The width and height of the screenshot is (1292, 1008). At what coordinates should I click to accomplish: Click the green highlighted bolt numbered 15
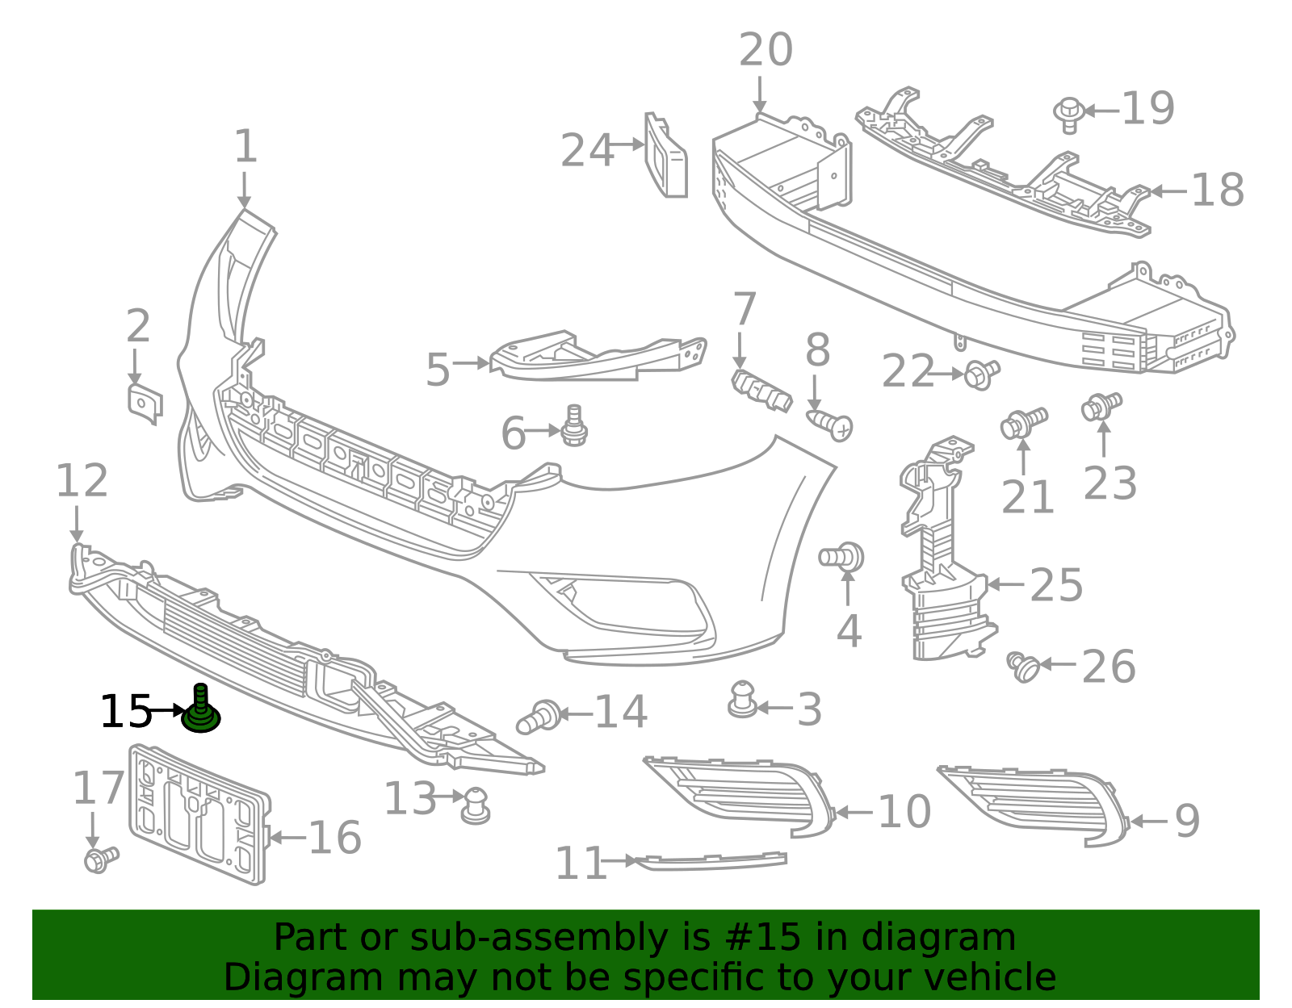(x=200, y=711)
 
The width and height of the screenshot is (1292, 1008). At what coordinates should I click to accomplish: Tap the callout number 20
(x=766, y=51)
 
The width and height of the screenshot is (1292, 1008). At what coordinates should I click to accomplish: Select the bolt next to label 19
(x=1068, y=114)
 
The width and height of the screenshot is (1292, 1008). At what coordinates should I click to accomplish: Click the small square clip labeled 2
(x=145, y=404)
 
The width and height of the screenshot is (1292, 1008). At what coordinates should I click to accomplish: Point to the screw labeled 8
(x=830, y=424)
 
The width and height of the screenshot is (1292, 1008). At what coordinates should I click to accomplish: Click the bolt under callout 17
(x=101, y=859)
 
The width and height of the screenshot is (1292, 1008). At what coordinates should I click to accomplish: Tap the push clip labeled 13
(x=476, y=805)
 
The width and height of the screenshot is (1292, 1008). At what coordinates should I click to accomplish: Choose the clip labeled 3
(x=741, y=700)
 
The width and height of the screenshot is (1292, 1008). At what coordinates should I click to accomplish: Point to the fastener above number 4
(x=842, y=557)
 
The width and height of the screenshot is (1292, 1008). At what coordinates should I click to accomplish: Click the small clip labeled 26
(x=1024, y=667)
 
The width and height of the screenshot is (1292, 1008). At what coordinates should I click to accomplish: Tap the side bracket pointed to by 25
(x=941, y=557)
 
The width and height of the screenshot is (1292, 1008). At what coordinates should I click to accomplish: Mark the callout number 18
(x=1217, y=191)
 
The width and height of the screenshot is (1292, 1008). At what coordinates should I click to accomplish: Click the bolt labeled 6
(x=574, y=427)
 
